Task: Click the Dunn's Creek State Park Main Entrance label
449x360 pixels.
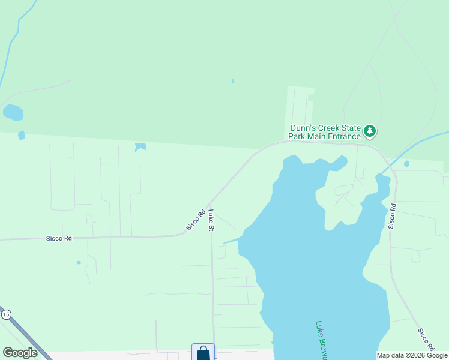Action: coord(325,131)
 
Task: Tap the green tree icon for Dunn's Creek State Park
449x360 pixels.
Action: coord(370,130)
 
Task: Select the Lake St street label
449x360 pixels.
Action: coord(212,220)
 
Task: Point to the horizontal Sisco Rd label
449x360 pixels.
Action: coord(59,238)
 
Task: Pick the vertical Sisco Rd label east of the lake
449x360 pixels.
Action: coord(392,216)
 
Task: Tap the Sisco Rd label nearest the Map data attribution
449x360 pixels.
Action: coord(426,339)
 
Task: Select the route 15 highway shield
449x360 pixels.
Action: coord(6,314)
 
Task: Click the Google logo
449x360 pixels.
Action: coord(20,353)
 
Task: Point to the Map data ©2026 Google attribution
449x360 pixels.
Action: coord(412,355)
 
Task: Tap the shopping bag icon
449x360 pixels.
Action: coord(203,353)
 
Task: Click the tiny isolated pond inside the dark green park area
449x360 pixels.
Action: coord(233,81)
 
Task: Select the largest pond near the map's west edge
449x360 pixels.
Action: coord(13,112)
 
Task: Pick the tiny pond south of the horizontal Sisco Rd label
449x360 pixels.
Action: coord(79,262)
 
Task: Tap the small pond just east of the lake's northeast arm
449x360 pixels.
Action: coord(406,163)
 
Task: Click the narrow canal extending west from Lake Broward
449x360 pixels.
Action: coord(232,241)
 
